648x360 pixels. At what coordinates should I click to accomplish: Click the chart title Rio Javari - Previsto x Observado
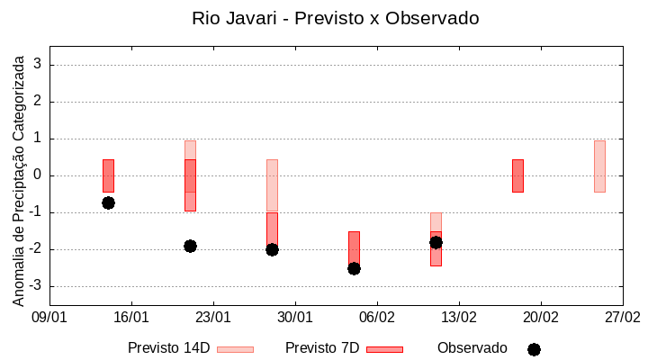tap(336, 18)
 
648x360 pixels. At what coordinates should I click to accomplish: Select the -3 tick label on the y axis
tap(36, 286)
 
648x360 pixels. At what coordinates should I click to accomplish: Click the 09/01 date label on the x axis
tap(49, 317)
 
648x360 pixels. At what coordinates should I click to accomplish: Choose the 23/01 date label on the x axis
tap(213, 317)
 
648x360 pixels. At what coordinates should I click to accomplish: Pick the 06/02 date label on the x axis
tap(377, 317)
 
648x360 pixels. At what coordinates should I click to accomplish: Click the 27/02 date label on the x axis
tap(622, 317)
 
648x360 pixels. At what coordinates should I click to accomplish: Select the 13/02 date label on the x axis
tap(459, 317)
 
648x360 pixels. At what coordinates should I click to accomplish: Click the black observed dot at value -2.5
tap(354, 268)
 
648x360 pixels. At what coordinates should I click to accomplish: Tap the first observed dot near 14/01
tap(108, 202)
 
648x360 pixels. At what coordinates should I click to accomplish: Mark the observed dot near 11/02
tap(436, 242)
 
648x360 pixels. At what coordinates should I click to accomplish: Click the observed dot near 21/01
tap(190, 246)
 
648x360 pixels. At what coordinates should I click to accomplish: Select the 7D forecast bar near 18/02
tap(517, 175)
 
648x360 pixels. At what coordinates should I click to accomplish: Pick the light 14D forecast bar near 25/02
tap(599, 166)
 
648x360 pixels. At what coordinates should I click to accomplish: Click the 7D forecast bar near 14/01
tap(108, 175)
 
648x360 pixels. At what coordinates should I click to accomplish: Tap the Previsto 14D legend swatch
tap(235, 349)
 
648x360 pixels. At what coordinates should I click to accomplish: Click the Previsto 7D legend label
tap(321, 348)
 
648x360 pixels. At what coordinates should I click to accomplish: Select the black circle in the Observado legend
tap(534, 349)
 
